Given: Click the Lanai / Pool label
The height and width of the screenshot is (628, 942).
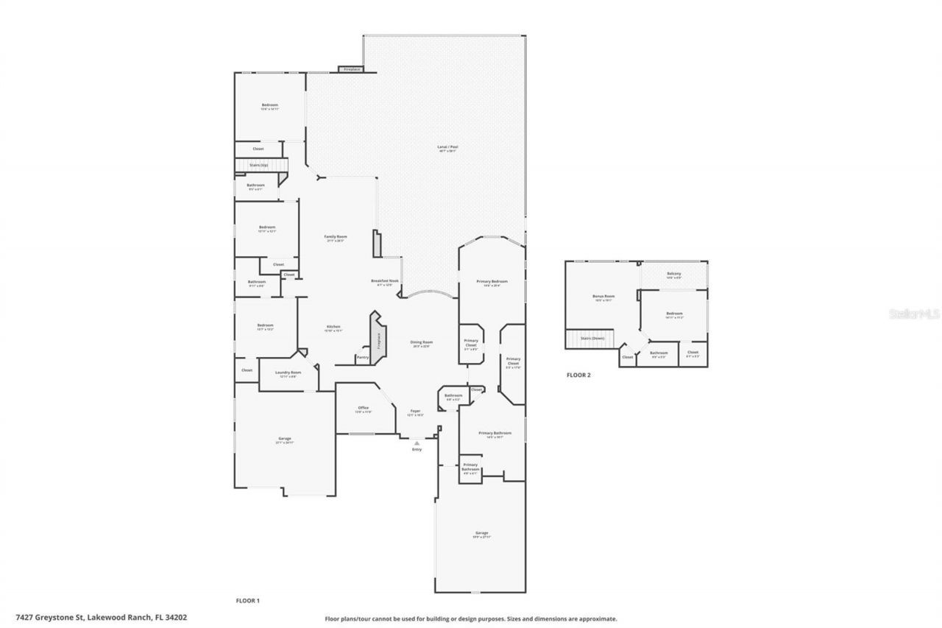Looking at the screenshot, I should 447,147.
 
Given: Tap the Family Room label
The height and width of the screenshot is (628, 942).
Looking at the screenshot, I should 336,237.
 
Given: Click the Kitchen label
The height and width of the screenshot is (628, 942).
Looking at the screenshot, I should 333,327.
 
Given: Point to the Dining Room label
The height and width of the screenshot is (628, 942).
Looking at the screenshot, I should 421,342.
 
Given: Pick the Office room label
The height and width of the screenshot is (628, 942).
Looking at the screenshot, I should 363,408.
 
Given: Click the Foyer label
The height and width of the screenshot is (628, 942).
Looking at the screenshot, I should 415,412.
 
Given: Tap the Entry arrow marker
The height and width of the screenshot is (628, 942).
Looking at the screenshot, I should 417,442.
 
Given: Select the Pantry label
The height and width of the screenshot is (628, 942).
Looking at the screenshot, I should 362,357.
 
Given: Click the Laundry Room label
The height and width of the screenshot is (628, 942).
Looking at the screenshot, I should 288,373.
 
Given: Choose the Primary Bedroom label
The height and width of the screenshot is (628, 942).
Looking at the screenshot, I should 492,281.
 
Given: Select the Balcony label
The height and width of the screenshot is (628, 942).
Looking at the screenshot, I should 673,274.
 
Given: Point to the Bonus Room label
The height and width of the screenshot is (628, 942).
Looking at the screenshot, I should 603,296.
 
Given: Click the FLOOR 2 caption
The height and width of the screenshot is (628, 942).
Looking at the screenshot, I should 578,375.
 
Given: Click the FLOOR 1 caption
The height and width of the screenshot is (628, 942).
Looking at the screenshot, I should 247,601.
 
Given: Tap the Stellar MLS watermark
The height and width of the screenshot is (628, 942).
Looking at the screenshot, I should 913,314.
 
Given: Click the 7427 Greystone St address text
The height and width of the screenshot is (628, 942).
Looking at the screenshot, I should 101,617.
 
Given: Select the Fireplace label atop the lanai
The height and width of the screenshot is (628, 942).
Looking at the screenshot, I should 352,69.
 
